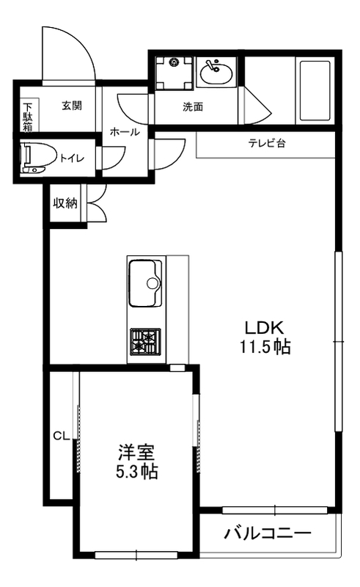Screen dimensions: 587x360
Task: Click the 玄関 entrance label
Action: coord(71,106)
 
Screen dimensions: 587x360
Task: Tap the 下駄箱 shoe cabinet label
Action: coord(27,115)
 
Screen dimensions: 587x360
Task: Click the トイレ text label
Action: coord(71,157)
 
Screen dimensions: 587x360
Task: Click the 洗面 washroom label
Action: coord(193,106)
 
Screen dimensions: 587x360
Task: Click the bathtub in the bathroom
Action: coord(317,91)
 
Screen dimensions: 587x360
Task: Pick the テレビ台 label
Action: coord(266,143)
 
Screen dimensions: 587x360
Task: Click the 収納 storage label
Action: coord(65,203)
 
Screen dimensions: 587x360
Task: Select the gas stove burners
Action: coord(145,341)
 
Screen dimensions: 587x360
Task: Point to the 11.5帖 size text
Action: coord(264,347)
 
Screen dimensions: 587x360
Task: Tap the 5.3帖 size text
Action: coord(137,471)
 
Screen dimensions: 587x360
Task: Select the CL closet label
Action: coord(60,436)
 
